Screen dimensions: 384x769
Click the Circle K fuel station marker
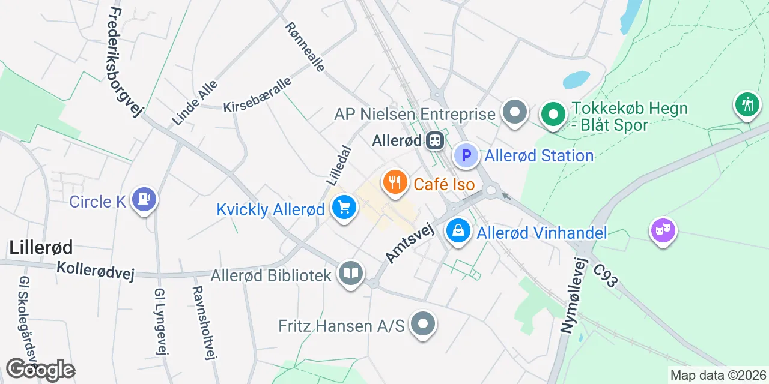click(x=144, y=199)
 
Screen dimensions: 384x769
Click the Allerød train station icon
click(x=434, y=141)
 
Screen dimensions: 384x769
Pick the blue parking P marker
click(x=466, y=155)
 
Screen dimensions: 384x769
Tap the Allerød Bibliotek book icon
click(x=350, y=274)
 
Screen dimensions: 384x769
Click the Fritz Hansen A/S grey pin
click(x=423, y=325)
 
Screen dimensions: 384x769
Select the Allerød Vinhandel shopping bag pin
click(x=458, y=231)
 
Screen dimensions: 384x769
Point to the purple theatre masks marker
click(x=663, y=230)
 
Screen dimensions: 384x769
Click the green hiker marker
click(x=747, y=105)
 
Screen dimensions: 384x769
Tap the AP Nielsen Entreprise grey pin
click(x=515, y=112)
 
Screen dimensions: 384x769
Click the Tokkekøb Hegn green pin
click(x=552, y=113)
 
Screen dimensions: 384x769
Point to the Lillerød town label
click(x=41, y=247)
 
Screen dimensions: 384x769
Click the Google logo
click(x=40, y=370)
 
